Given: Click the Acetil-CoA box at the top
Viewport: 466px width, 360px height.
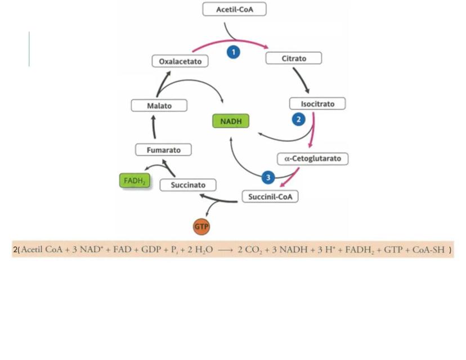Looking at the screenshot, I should [x=234, y=10].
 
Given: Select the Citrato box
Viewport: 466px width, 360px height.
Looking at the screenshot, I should [x=294, y=58].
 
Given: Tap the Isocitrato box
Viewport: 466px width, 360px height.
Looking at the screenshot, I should [x=317, y=104].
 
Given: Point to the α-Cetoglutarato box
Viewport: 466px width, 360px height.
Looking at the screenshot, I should [x=313, y=159].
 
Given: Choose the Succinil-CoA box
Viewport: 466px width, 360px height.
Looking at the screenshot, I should [x=270, y=197].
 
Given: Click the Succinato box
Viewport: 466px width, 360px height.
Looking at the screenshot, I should [x=188, y=184].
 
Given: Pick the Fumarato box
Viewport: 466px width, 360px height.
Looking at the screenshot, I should [x=163, y=150].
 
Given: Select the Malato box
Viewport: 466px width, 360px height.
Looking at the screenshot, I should [x=159, y=105].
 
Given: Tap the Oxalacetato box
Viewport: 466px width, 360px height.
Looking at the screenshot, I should [x=180, y=61].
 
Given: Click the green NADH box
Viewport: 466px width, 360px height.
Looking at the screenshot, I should [x=231, y=121].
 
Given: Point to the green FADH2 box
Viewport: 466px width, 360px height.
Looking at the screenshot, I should [x=135, y=181].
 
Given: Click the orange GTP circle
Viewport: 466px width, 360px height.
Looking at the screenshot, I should [x=201, y=227].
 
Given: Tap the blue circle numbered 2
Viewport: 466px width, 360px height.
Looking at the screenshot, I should [x=298, y=119].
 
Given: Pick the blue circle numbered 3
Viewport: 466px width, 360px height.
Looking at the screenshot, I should [x=268, y=178].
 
